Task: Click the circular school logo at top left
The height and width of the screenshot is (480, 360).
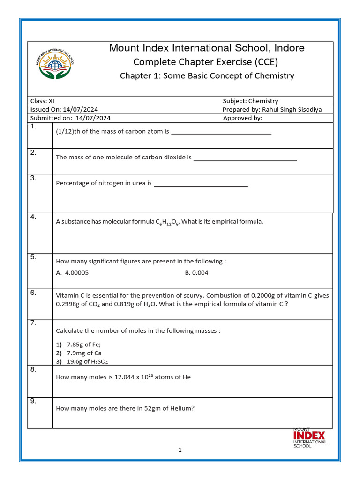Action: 55,64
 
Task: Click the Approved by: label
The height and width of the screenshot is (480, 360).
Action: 243,118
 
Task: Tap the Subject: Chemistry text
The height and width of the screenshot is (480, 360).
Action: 250,101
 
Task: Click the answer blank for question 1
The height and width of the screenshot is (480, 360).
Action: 221,132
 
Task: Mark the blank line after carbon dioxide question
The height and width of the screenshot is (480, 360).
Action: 245,158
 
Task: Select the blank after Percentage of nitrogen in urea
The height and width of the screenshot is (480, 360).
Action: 201,184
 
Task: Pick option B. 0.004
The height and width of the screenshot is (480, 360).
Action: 196,273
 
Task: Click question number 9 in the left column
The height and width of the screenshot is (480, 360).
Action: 33,401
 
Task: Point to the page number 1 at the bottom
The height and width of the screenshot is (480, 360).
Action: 180,450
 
